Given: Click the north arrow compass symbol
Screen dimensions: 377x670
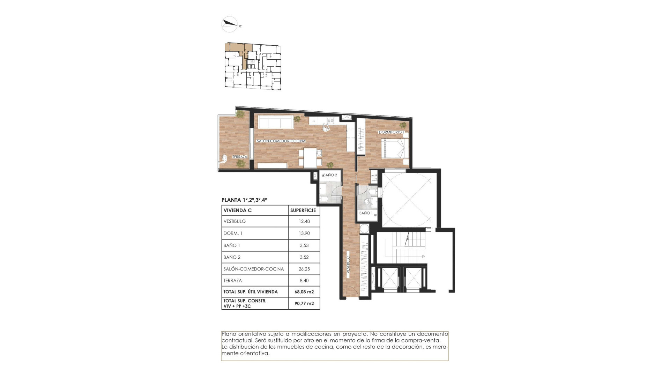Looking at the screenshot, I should coord(230,24).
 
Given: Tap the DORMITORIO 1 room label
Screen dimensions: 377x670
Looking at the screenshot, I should coord(391,132).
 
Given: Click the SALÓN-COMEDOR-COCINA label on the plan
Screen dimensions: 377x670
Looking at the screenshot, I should coord(281,141).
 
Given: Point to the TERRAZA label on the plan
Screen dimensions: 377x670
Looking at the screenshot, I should coord(240,157).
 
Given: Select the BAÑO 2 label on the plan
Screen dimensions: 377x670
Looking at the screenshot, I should coord(330,175).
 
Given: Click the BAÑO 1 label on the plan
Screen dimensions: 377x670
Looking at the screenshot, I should coord(366,213).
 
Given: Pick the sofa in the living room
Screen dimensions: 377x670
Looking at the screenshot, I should coord(275,122).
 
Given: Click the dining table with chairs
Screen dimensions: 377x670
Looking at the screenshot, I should coord(310,158).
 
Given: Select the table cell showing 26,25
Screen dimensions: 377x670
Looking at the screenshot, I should coord(304,269).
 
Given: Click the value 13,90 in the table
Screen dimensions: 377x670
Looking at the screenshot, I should coord(304,233).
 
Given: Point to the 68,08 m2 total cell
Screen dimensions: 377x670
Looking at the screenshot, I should coord(304,292).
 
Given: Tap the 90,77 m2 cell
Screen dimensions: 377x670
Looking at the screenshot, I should coord(304,303).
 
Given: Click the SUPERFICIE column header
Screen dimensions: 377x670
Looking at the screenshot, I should coord(303,210).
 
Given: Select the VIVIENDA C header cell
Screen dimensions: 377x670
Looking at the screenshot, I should coord(238,210).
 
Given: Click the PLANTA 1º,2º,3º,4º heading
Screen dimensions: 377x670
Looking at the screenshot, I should coord(244,200).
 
